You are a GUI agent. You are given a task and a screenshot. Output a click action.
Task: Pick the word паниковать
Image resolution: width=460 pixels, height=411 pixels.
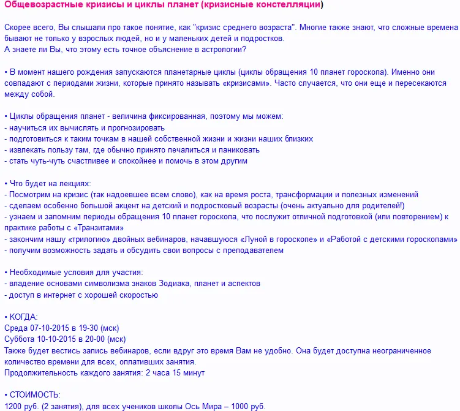pyautogui.click(x=238, y=150)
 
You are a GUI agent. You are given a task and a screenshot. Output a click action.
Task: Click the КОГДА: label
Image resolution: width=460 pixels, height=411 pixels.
pyautogui.click(x=24, y=317)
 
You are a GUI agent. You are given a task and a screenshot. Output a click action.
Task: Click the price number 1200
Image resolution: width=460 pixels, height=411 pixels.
pyautogui.click(x=13, y=406)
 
